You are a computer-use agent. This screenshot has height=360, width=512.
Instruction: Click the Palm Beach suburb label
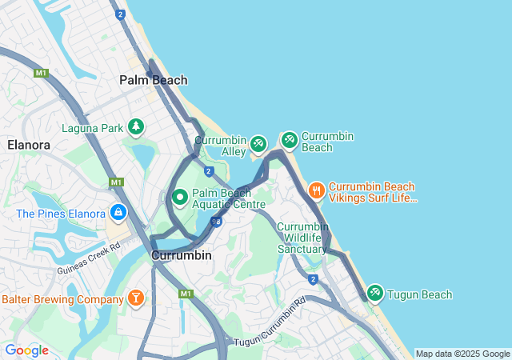point(153,80)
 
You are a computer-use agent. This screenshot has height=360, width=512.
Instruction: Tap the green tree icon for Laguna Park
point(137,126)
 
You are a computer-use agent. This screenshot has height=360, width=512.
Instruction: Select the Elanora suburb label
point(29,145)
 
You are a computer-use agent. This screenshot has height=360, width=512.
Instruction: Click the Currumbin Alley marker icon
point(258,144)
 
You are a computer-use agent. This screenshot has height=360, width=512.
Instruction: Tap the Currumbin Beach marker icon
point(289,140)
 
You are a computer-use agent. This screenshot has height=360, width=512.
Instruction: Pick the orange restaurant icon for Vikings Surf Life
point(316,190)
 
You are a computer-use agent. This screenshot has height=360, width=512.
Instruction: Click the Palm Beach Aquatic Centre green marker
point(180,196)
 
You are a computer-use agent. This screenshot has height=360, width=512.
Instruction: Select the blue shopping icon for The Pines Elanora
point(118,213)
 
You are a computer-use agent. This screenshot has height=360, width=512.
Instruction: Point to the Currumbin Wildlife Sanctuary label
point(302,238)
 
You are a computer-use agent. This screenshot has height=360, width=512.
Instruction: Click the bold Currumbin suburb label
point(182,255)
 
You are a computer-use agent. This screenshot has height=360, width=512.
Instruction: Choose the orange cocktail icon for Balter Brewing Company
point(136,298)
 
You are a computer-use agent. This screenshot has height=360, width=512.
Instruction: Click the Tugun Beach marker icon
point(374,294)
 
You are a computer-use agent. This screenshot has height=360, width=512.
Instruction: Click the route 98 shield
point(216,222)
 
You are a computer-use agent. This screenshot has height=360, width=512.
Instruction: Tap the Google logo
point(26,350)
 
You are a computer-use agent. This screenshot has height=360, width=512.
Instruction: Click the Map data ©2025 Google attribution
point(462,354)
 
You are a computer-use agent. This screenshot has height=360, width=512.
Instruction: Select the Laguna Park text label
point(93,127)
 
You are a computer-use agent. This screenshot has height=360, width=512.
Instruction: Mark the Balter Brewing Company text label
point(62,299)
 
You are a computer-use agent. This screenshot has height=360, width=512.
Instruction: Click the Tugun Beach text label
point(419,294)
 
